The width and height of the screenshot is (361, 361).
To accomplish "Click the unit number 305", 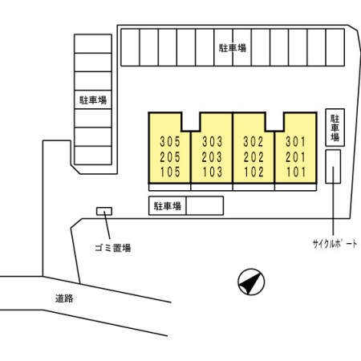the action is click(170, 141).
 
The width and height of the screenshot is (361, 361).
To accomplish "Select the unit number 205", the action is click(170, 157).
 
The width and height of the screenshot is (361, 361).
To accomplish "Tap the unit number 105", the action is click(170, 172).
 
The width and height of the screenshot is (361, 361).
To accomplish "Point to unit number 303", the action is click(212, 141).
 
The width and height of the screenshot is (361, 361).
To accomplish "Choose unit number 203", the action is click(212, 157).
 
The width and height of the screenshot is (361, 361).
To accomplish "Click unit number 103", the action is click(213, 172).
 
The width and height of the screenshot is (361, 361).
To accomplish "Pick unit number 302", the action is click(254, 141).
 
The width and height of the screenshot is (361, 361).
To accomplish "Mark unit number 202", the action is click(254, 157).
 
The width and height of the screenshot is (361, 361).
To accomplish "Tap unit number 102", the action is click(254, 172).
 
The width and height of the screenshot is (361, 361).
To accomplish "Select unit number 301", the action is click(295, 141).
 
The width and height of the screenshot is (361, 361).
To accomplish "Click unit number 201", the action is click(295, 157).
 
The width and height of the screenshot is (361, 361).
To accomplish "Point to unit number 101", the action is click(296, 172).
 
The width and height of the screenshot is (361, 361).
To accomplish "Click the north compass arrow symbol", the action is click(251, 282).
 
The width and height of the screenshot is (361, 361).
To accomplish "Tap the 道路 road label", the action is click(64, 298).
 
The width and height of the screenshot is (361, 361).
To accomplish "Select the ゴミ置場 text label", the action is click(113, 248).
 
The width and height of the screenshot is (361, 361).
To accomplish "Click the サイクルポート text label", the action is click(335, 244).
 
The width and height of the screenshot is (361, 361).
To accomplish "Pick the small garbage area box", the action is click(104, 211).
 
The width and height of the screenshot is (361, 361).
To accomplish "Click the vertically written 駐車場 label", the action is click(335, 128).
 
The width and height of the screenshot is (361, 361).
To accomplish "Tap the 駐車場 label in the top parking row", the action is click(233, 48).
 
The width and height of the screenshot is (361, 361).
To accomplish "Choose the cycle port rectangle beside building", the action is click(333, 167).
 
